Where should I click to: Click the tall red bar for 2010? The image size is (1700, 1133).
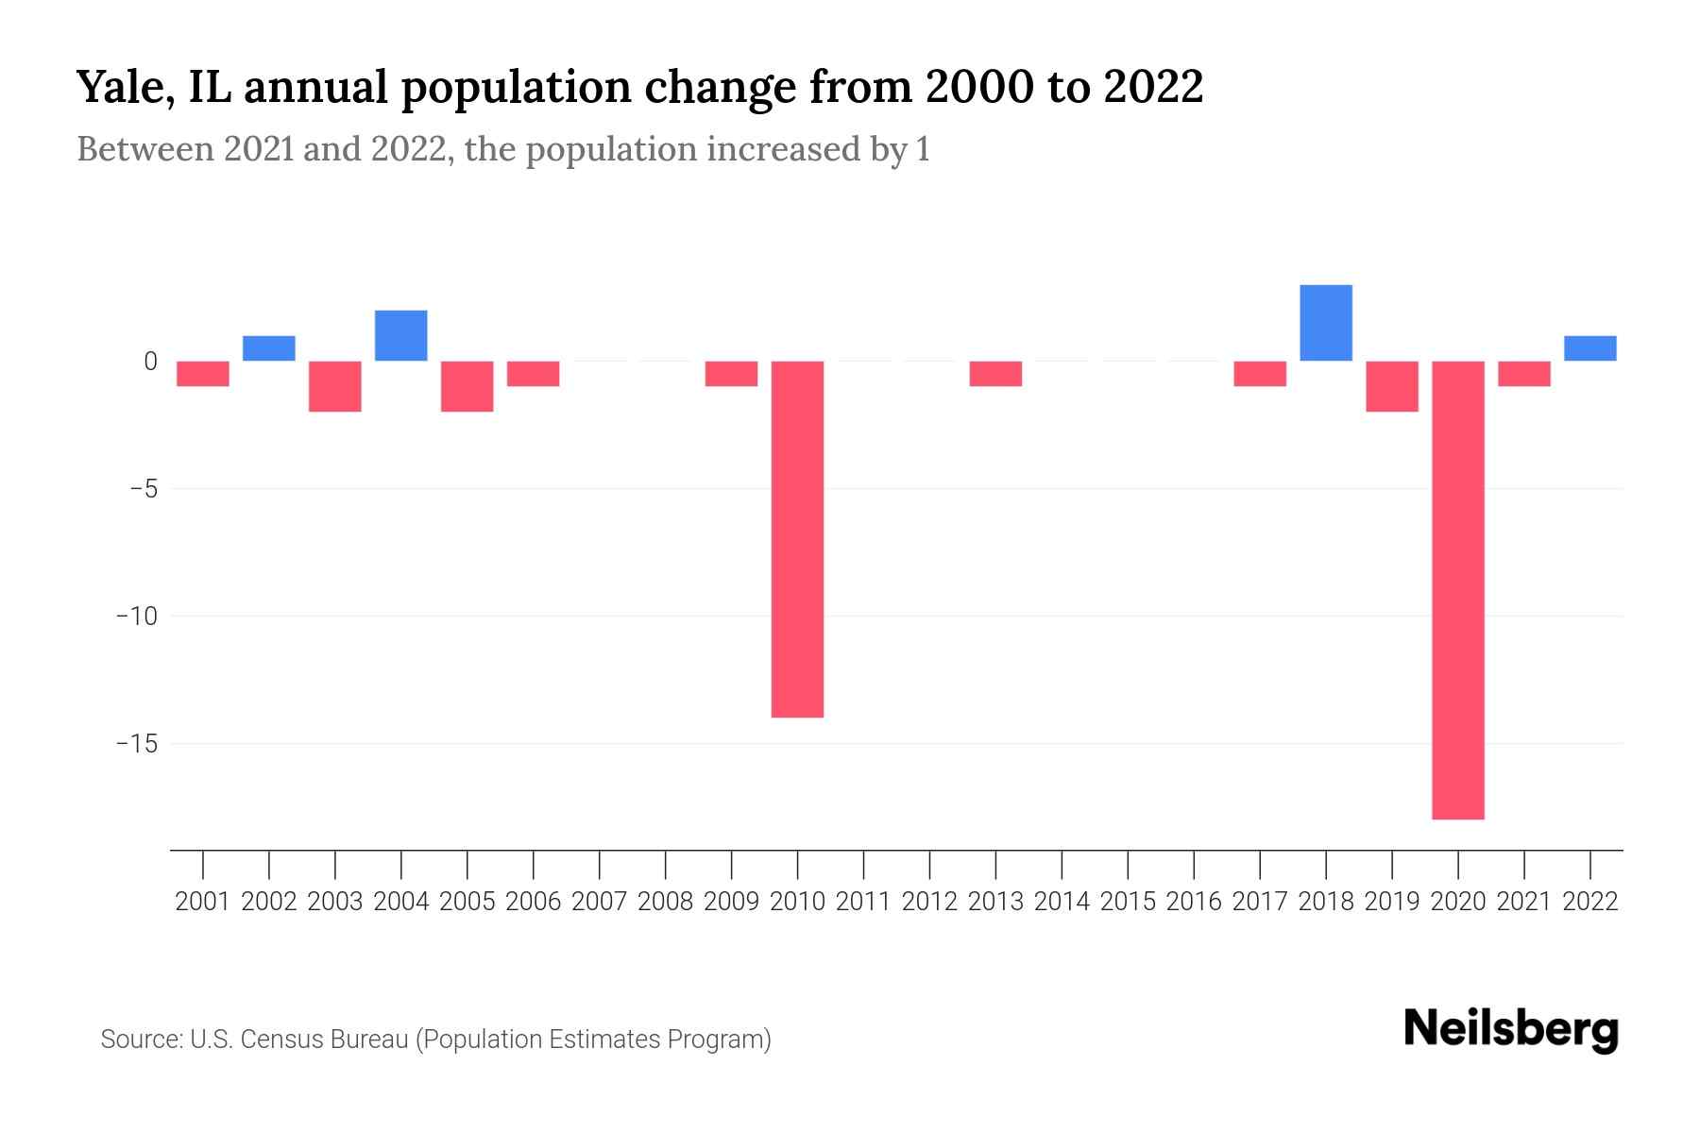coord(797,538)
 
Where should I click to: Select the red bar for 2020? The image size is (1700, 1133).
coord(1457,589)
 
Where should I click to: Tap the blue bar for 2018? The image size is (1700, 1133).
coord(1326,323)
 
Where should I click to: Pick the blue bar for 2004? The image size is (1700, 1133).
coord(400,335)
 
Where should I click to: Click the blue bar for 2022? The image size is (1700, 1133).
coord(1589,348)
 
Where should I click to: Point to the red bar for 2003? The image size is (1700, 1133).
coord(335,386)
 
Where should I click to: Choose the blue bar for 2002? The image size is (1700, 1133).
coord(269,348)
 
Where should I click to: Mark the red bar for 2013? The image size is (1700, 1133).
coord(995,374)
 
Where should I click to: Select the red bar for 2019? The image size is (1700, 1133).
coord(1391,386)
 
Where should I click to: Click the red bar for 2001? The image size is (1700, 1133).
coord(203,374)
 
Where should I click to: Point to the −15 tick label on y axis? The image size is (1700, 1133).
coord(136,744)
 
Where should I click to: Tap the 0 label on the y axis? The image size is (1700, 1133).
coord(150,362)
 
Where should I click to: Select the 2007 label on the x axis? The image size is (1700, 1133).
coord(599,902)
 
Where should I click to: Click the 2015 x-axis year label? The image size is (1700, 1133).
coord(1128,902)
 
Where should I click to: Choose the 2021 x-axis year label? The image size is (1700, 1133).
coord(1523,902)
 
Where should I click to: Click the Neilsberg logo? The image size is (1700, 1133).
coord(1511,1029)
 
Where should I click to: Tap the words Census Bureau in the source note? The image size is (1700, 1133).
coord(325,1040)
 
